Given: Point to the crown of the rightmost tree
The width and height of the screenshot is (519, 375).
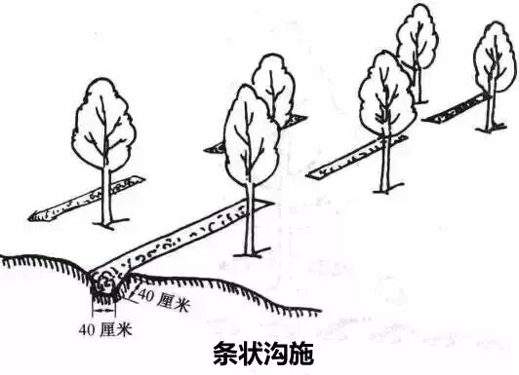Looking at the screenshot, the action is coord(494,58).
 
